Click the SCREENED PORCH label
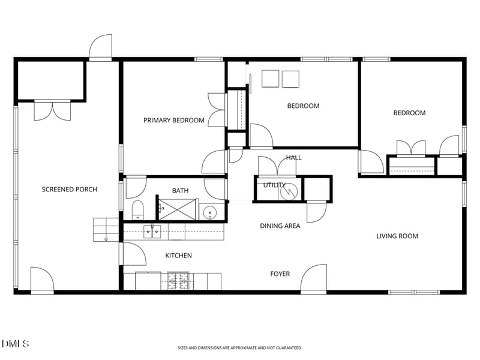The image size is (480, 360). [x=70, y=190]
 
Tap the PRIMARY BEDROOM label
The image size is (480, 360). [x=174, y=121]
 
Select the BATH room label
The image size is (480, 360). [x=181, y=191]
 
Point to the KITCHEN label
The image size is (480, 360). [x=178, y=256]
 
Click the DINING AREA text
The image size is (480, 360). [x=280, y=226]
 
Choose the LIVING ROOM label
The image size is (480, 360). [x=397, y=236]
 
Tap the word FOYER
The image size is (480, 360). [x=280, y=274]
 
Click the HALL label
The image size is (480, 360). [x=294, y=158]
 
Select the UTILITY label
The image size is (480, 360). [x=275, y=185]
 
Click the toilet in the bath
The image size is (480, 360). [x=138, y=210]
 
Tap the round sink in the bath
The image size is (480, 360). [x=210, y=212]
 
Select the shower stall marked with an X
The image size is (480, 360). [x=177, y=209]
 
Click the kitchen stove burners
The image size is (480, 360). [x=178, y=281]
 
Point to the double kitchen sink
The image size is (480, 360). [x=152, y=232]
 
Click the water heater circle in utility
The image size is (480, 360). [x=289, y=192]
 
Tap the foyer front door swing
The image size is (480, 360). [x=313, y=278]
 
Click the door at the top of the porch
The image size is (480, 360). [x=100, y=47]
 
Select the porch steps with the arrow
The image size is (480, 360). [x=106, y=230]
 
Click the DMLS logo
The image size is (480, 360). [x=15, y=343]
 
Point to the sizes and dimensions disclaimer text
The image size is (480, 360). [x=240, y=348]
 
